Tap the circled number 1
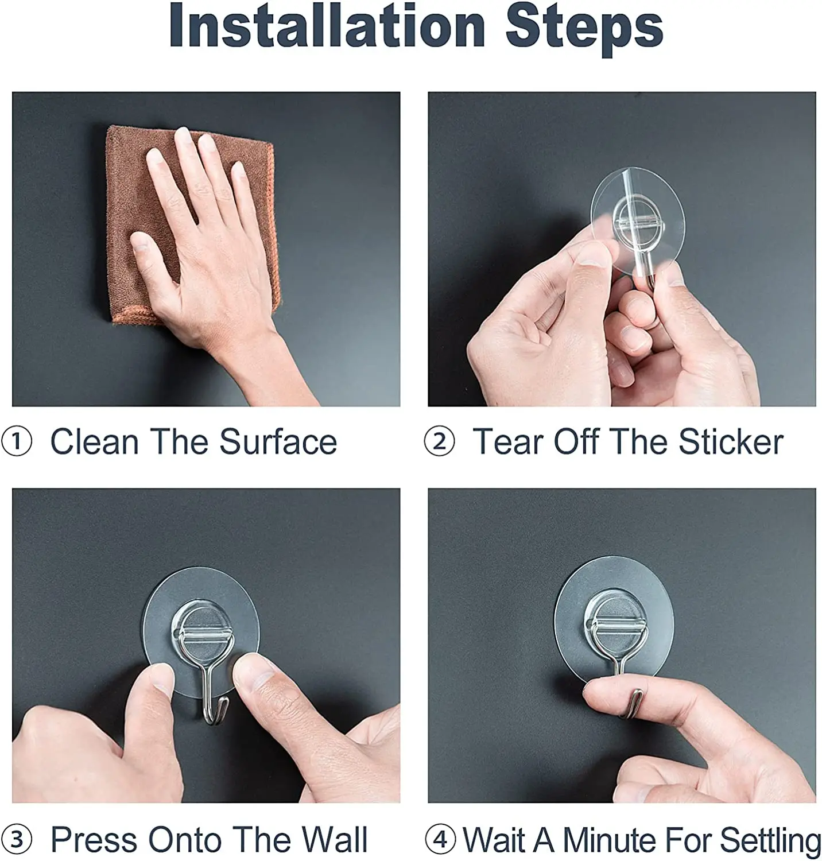click(x=17, y=443)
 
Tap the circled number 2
click(x=439, y=443)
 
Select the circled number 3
click(x=17, y=840)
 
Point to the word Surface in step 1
click(x=278, y=442)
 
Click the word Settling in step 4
click(x=770, y=841)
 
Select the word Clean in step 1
click(x=95, y=442)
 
